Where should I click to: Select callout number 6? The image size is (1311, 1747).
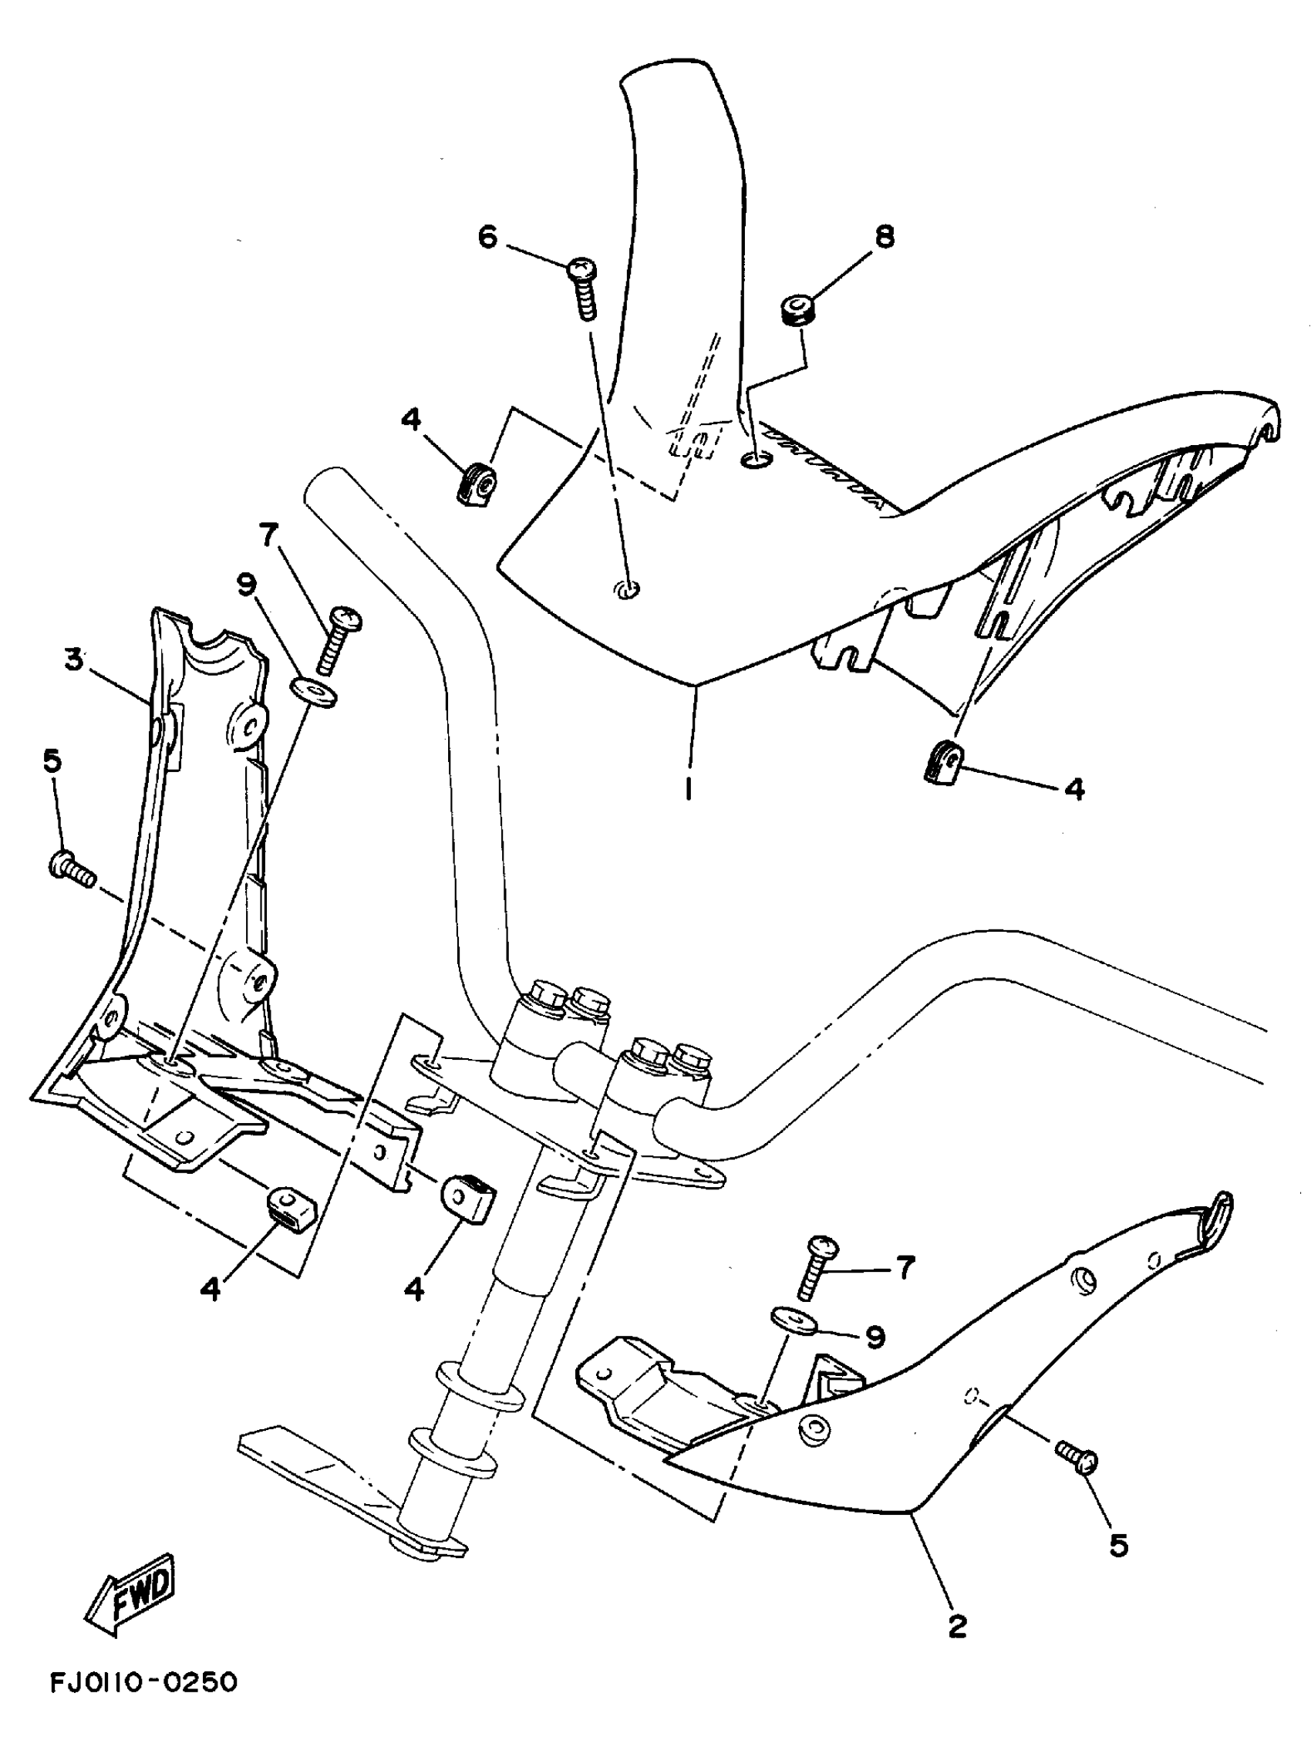489,235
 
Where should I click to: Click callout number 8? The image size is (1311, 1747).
885,235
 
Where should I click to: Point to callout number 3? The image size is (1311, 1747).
74,659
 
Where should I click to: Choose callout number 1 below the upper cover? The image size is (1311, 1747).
689,787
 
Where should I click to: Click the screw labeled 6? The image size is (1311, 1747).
585,288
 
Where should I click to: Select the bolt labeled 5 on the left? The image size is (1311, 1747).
71,868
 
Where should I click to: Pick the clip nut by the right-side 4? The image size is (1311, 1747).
942,764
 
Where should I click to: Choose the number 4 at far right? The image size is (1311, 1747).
1075,787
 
